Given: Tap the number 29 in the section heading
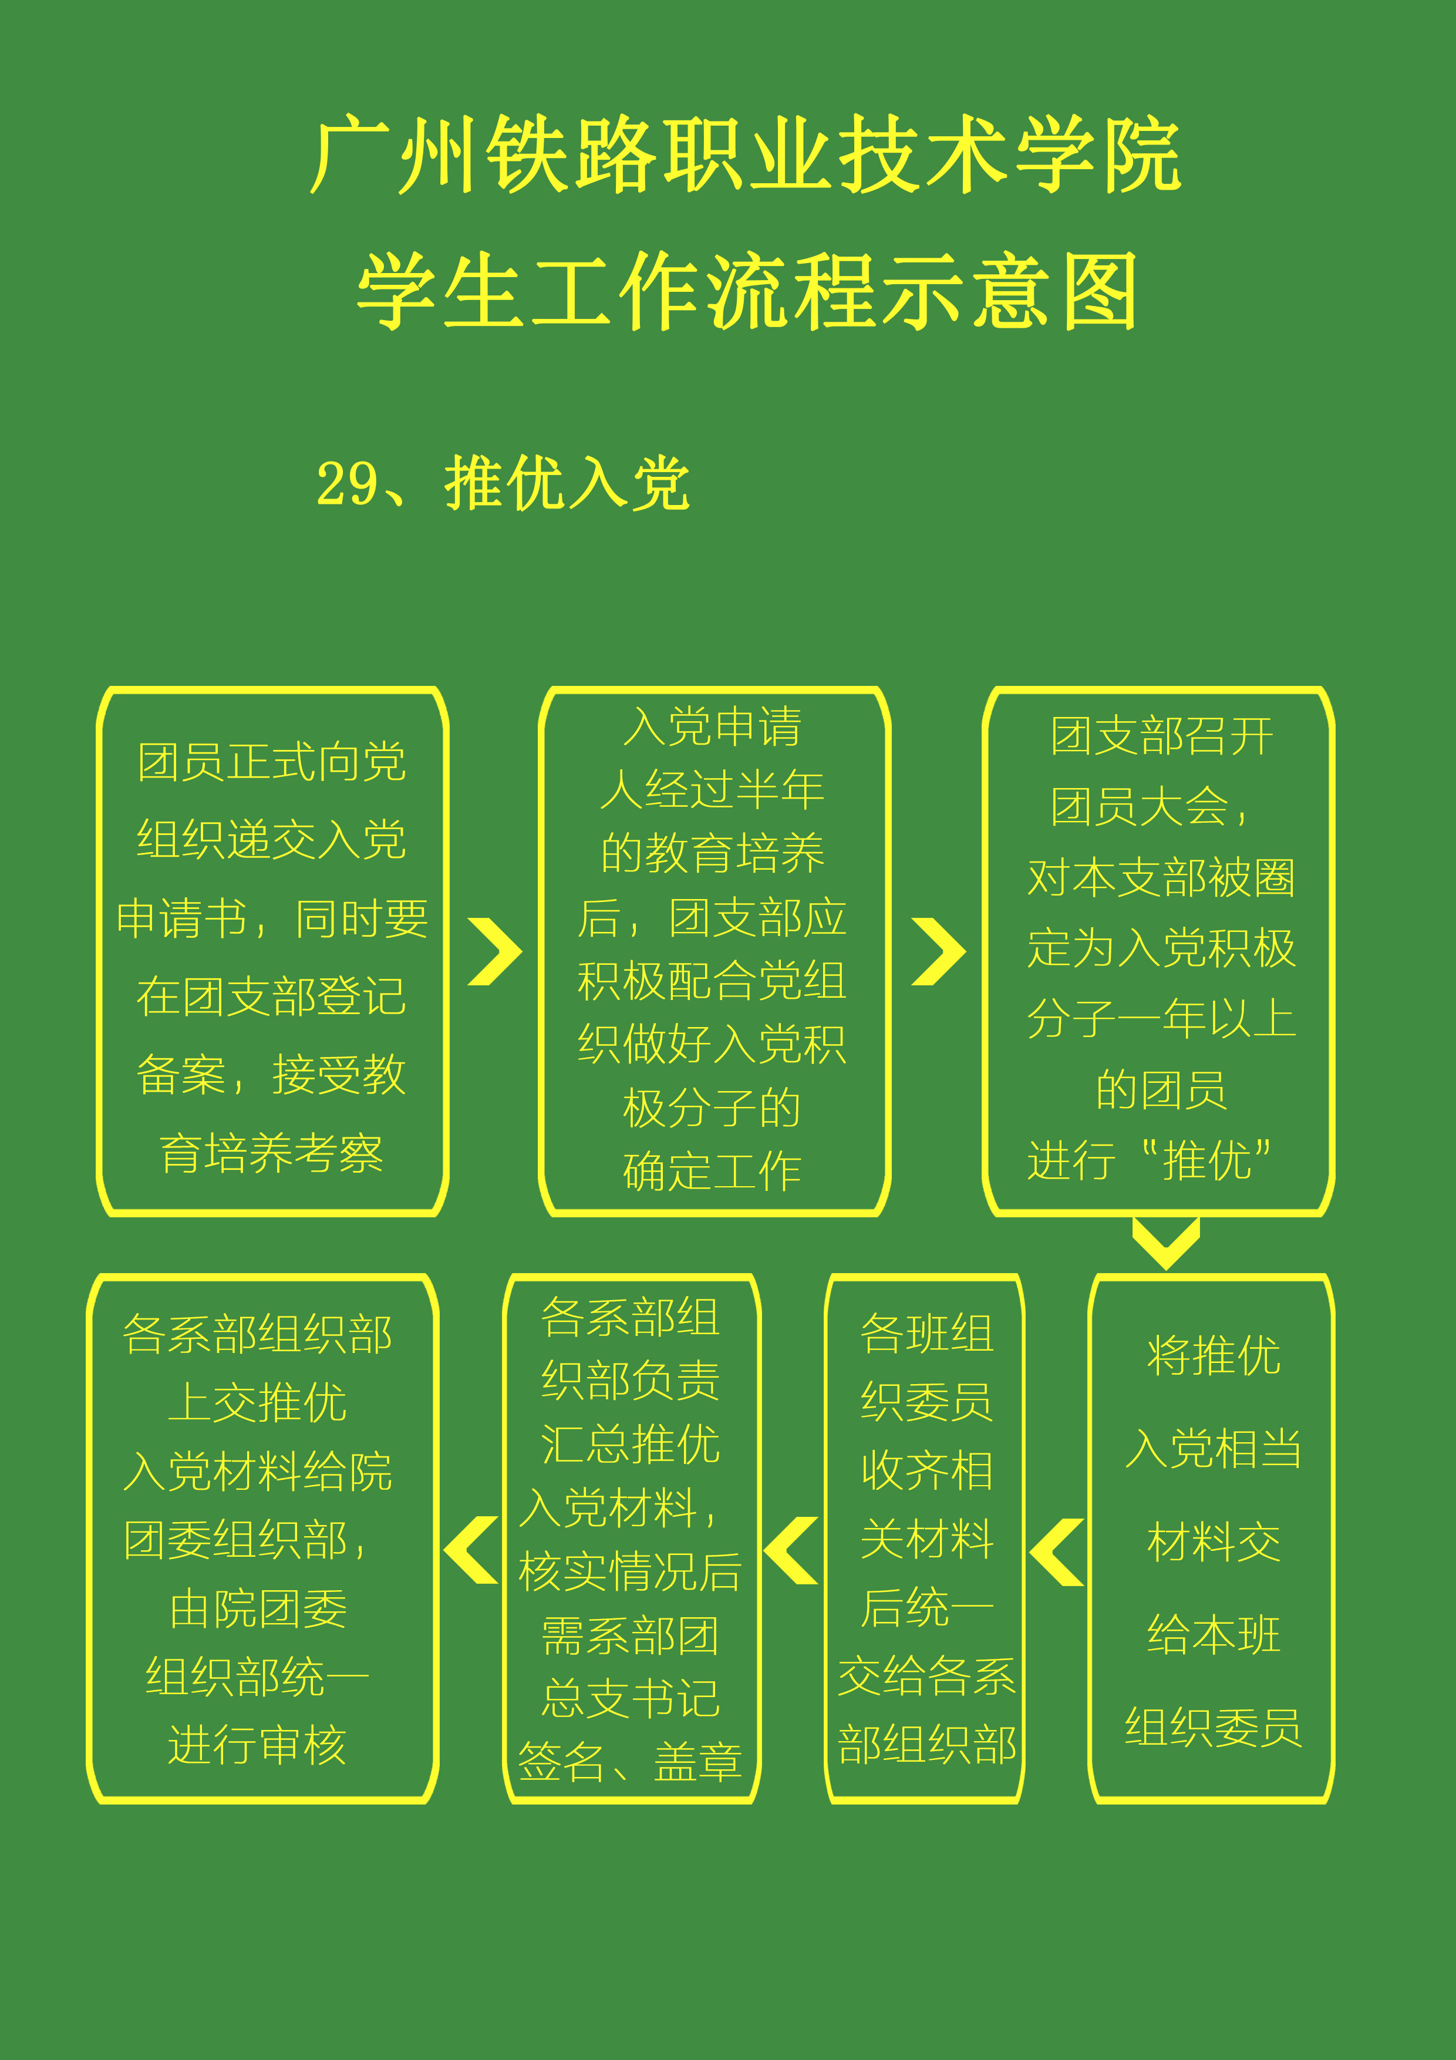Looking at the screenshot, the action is (x=347, y=484).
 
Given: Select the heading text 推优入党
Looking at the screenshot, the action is (x=567, y=483).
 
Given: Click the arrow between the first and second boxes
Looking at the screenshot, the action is (x=495, y=951).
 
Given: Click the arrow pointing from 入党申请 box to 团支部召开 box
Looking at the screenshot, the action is (x=938, y=951).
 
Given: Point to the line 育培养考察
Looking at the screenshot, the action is (x=272, y=1153).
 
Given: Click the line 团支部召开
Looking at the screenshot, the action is (x=1162, y=736).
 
